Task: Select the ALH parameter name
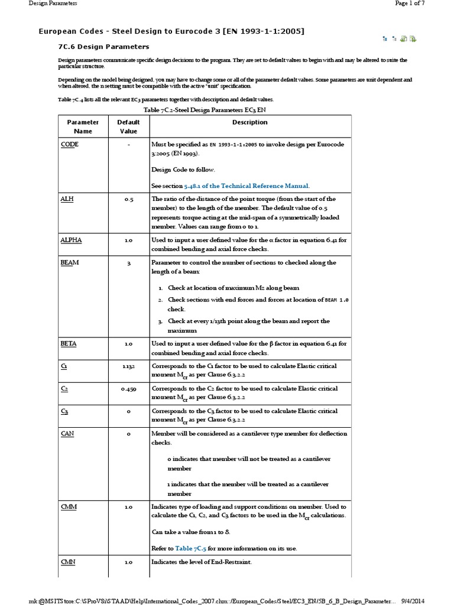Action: (x=66, y=199)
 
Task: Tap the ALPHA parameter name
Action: (x=70, y=240)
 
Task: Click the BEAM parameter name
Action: (x=69, y=263)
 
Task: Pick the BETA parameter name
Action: (x=68, y=343)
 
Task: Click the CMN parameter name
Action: (x=67, y=562)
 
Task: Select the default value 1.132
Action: (x=128, y=367)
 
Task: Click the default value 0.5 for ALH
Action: (x=128, y=200)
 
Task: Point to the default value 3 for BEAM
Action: (x=128, y=264)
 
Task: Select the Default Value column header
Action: (x=128, y=126)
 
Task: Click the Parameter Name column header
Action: (x=82, y=126)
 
